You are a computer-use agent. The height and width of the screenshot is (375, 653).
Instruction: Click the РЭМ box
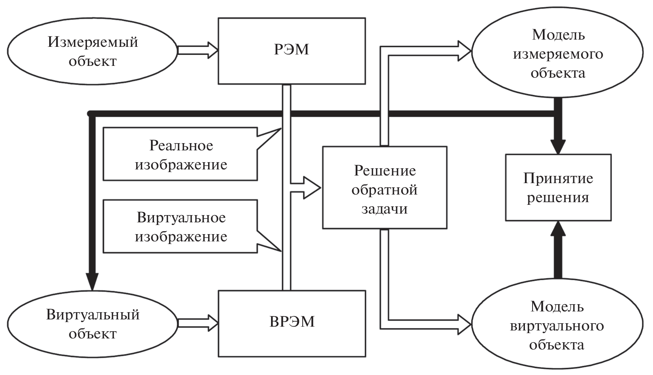[x=292, y=51]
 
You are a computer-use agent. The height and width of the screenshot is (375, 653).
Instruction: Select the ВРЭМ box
[x=292, y=323]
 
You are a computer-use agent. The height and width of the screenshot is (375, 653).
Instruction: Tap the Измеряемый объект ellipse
[x=93, y=51]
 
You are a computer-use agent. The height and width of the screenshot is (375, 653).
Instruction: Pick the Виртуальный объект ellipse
[x=93, y=324]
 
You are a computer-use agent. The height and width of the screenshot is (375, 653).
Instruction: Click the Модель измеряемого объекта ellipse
[x=557, y=53]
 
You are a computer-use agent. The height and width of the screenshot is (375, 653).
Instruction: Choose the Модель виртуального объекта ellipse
[x=557, y=326]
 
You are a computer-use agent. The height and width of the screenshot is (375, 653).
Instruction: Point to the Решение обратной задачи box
[x=384, y=187]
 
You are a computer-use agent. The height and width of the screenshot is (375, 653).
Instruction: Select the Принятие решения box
[x=558, y=187]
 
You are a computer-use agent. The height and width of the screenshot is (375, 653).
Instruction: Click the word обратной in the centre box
[x=384, y=189]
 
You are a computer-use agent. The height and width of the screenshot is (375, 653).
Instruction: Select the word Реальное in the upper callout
[x=181, y=145]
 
